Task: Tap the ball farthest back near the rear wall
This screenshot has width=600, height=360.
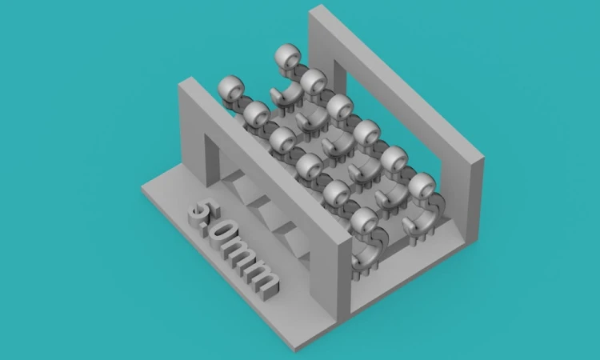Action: point(288,55)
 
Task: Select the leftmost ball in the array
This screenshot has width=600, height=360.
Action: point(231,88)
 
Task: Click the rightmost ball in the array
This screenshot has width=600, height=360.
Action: point(422,186)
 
